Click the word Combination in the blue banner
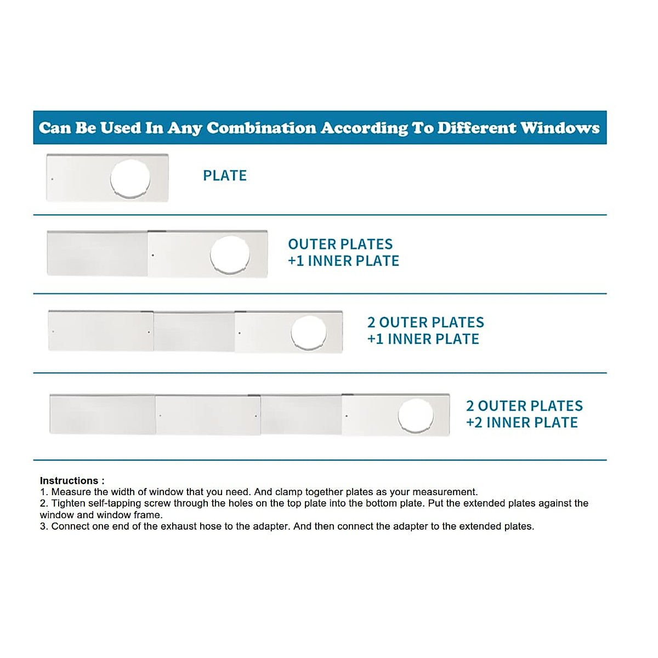pyautogui.click(x=262, y=128)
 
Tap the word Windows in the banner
pyautogui.click(x=560, y=128)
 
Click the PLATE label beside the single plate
pyautogui.click(x=225, y=175)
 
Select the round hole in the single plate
pyautogui.click(x=130, y=178)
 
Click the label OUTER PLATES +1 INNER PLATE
pyautogui.click(x=343, y=252)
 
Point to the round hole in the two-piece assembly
pyautogui.click(x=230, y=254)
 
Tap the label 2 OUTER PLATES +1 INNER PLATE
pyautogui.click(x=426, y=331)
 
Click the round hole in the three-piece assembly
pyautogui.click(x=309, y=332)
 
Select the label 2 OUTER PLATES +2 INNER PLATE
pyautogui.click(x=524, y=414)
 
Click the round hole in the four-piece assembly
pyautogui.click(x=416, y=416)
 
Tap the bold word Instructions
pyautogui.click(x=69, y=481)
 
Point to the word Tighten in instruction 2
pyautogui.click(x=69, y=503)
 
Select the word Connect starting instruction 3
pyautogui.click(x=70, y=526)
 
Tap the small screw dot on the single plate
pyautogui.click(x=52, y=179)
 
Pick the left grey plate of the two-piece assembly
pyautogui.click(x=97, y=253)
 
